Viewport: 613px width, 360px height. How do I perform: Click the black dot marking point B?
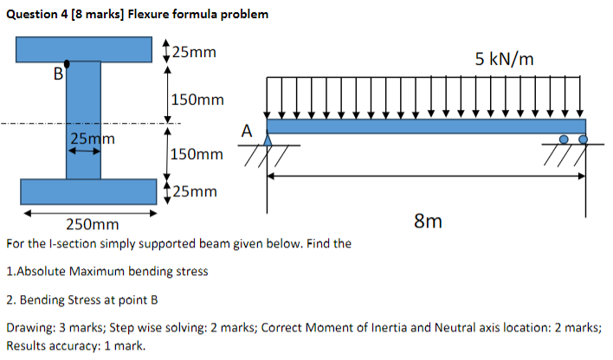pos(66,62)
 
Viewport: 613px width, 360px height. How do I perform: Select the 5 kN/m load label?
pos(505,59)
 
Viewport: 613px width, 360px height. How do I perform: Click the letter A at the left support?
pos(247,132)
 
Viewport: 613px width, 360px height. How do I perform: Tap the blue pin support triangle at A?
pos(268,139)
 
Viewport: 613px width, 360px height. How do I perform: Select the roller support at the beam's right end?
pos(572,138)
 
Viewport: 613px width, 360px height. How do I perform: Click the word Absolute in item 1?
pos(41,271)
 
